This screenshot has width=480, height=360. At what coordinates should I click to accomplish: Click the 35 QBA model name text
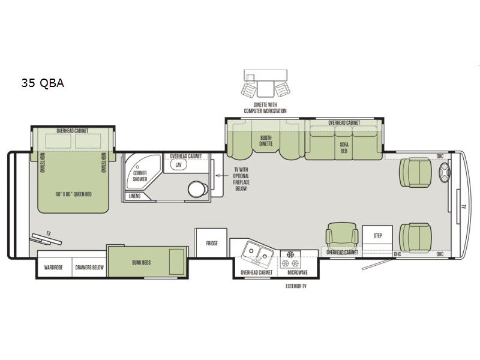pos(41,83)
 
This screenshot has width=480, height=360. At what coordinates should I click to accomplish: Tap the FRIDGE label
pos(211,243)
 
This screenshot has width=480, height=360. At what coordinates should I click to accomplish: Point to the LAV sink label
pos(178,164)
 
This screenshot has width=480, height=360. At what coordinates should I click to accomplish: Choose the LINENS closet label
pos(136,196)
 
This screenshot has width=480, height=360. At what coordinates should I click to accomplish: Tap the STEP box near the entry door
pos(377,236)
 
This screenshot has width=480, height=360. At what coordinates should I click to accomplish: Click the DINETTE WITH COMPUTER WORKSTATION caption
pos(265,109)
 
